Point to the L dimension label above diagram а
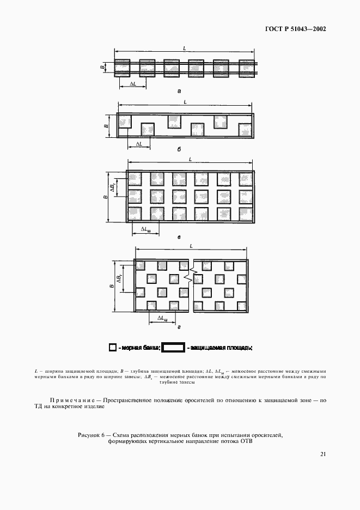(x=184, y=50)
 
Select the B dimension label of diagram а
(x=102, y=68)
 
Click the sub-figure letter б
(x=179, y=150)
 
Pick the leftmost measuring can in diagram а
(x=122, y=68)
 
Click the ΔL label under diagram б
(x=139, y=144)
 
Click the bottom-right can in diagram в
(x=245, y=213)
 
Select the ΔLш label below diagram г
(x=162, y=318)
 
